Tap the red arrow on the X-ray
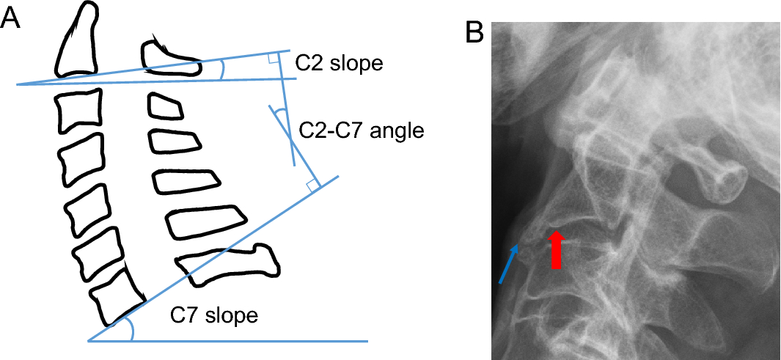pos(556,249)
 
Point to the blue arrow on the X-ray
pos(508,265)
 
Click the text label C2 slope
pos(338,64)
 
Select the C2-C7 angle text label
pos(361,131)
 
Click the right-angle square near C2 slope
pos(273,58)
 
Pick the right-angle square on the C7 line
pos(313,185)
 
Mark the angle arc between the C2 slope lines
pos(222,69)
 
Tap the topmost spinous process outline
pos(172,58)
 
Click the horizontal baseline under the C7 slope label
pos(228,341)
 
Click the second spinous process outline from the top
pos(165,107)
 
